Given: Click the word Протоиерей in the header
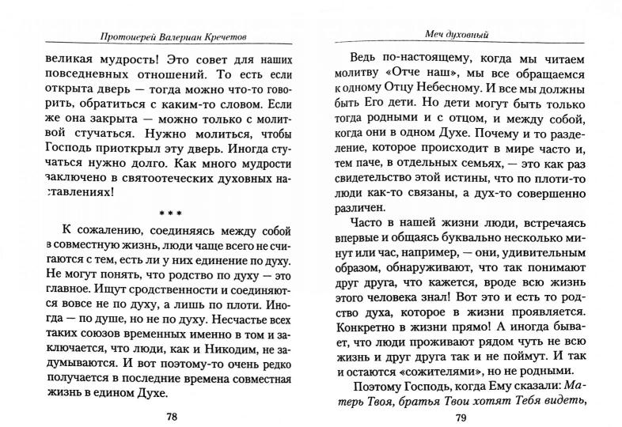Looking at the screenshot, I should click(x=127, y=35).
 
